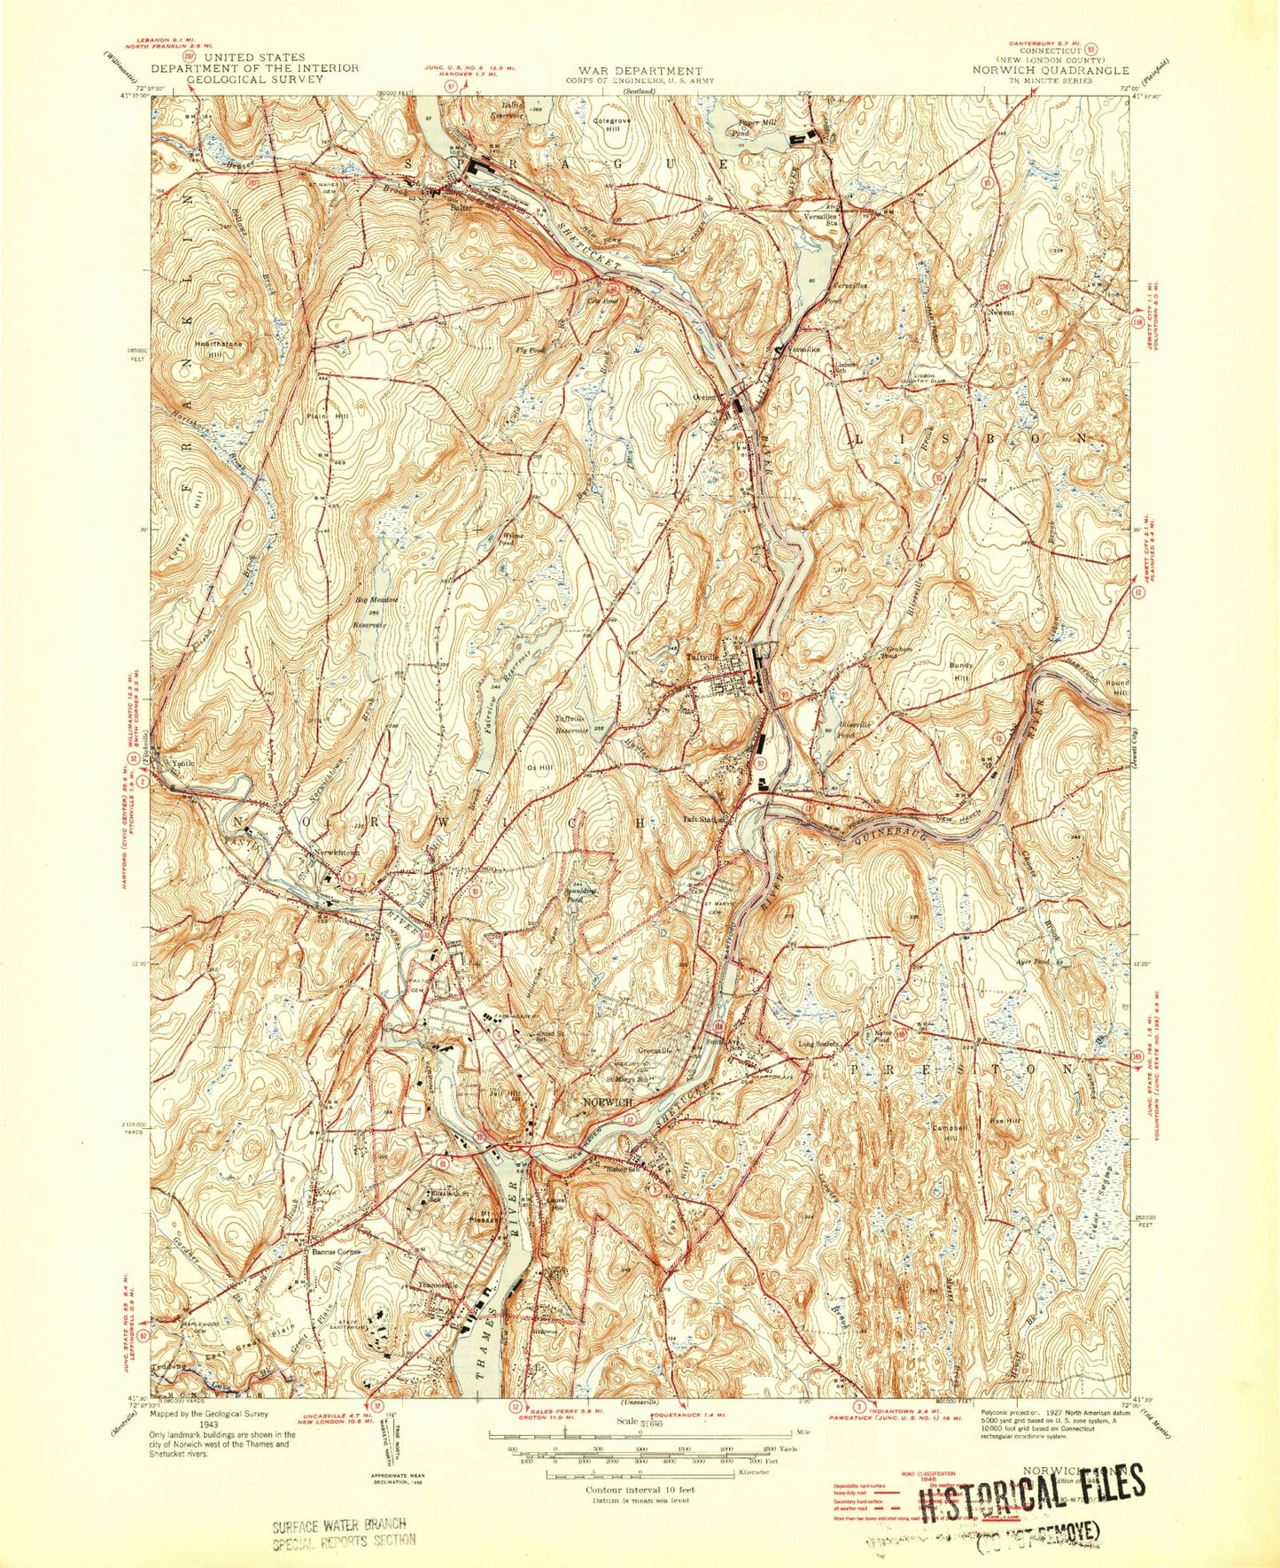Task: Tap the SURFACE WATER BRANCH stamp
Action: click(339, 1531)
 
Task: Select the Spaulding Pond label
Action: click(581, 892)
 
